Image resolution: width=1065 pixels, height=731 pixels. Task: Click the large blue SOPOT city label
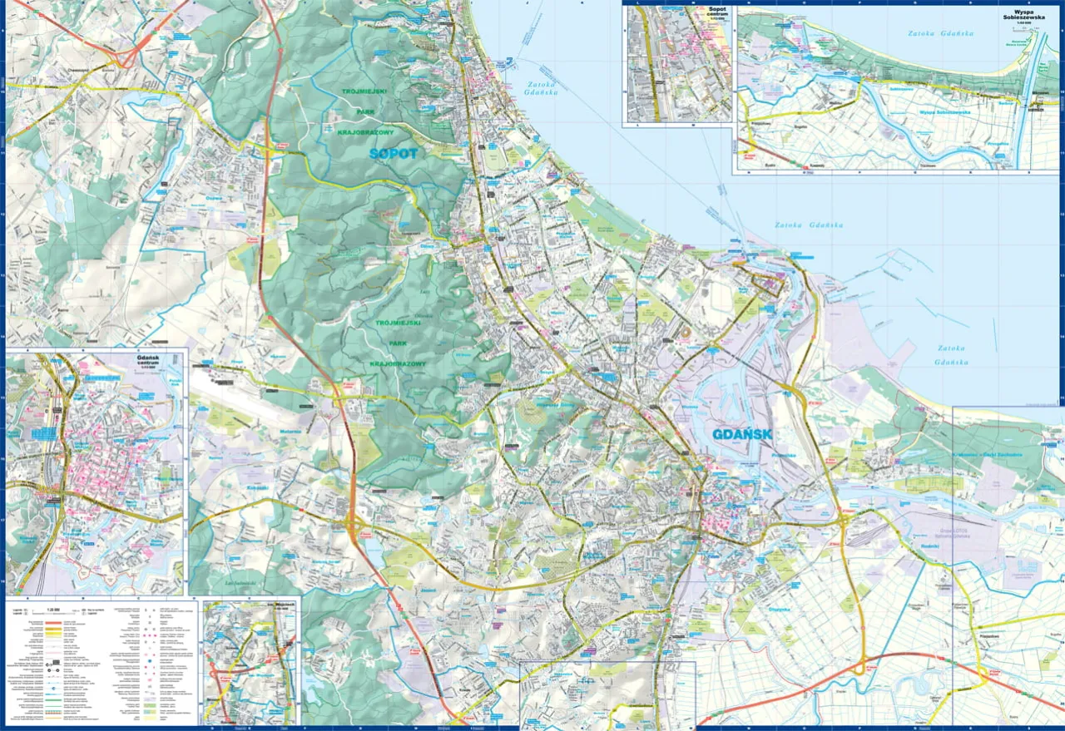coord(395,154)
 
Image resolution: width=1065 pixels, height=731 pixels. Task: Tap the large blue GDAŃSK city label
coord(743,434)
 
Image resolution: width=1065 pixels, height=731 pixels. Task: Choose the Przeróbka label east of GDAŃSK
coord(784,455)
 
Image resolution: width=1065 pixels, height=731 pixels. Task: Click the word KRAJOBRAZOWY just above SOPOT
coord(370,132)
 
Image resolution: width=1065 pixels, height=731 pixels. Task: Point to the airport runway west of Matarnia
coord(241,383)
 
